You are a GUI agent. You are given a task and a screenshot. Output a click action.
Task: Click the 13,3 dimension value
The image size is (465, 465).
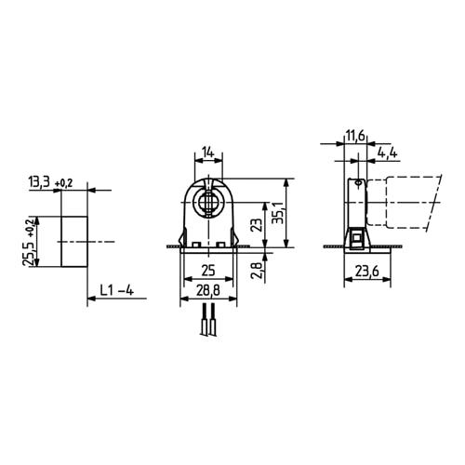[40, 182]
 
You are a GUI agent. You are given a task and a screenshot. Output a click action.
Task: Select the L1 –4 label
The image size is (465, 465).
[116, 291]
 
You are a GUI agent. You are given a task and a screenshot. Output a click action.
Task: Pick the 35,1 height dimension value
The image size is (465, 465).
[276, 216]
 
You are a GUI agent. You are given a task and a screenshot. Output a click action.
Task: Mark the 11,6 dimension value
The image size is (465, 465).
[354, 136]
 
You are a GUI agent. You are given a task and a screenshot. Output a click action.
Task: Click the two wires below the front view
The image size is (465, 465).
[207, 325]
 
